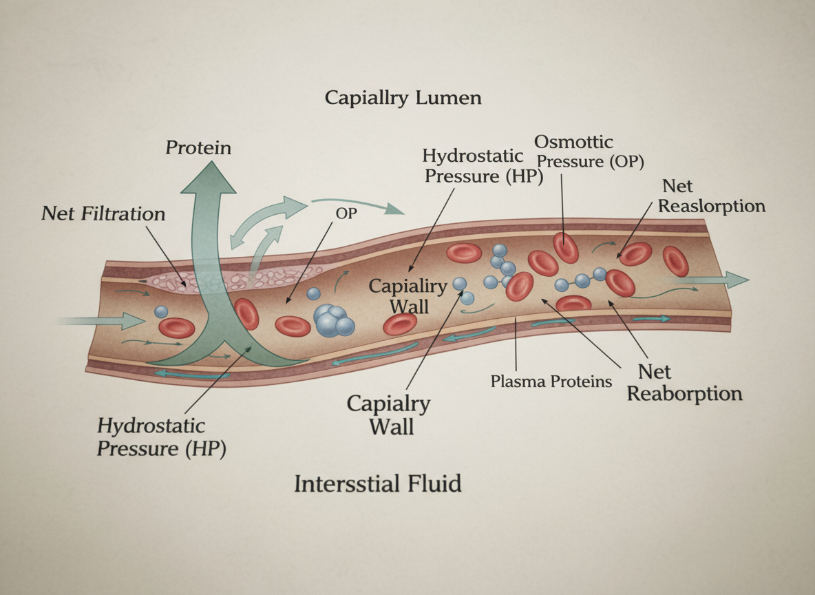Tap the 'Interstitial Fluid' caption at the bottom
(x=377, y=483)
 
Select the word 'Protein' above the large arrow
(x=199, y=147)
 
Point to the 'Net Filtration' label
(x=103, y=213)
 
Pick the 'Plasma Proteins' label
(x=551, y=381)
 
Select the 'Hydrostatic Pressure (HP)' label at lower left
(x=161, y=437)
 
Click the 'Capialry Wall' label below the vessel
(x=389, y=415)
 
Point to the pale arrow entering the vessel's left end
(x=103, y=320)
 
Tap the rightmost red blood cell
(x=675, y=262)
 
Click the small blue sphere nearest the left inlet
(x=161, y=312)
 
